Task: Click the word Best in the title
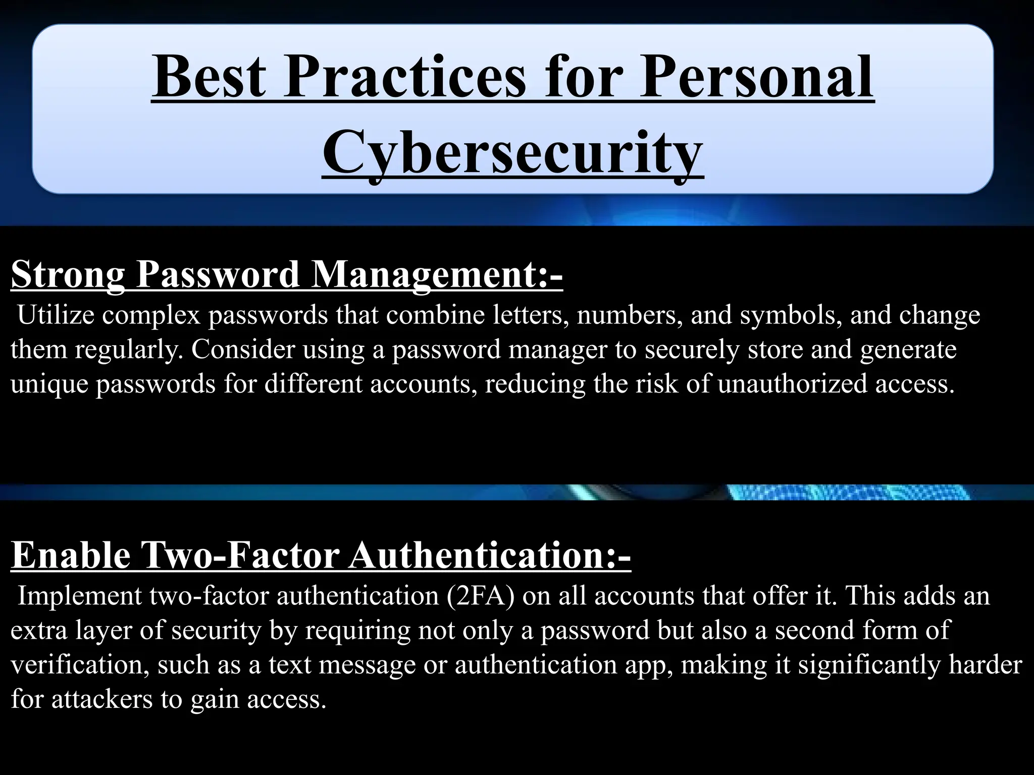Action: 209,77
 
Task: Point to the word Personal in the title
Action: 756,77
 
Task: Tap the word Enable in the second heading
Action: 71,555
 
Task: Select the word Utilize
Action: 56,315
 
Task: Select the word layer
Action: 104,630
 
